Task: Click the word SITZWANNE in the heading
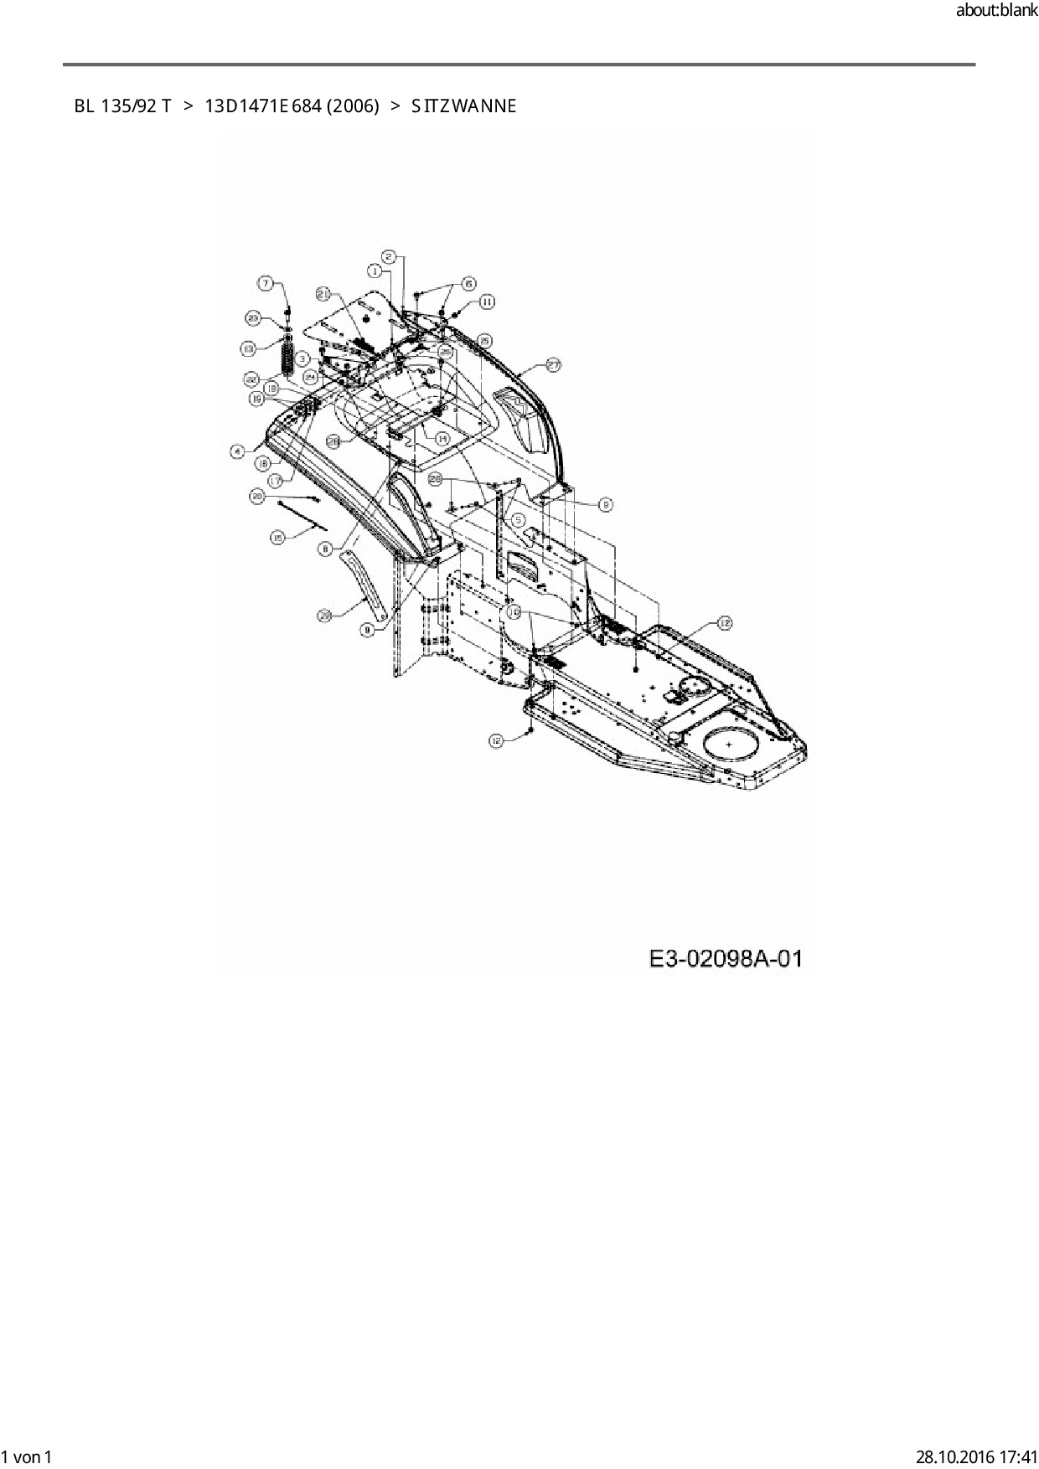tap(463, 106)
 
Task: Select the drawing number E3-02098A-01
tap(726, 958)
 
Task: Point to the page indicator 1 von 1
tap(27, 1456)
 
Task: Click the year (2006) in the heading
tap(352, 106)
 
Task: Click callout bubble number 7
tap(265, 284)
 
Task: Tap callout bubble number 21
tap(324, 293)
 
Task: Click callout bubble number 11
tap(487, 302)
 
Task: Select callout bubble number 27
tap(554, 364)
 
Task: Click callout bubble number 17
tap(274, 481)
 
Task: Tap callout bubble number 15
tap(276, 536)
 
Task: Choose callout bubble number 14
tap(442, 438)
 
